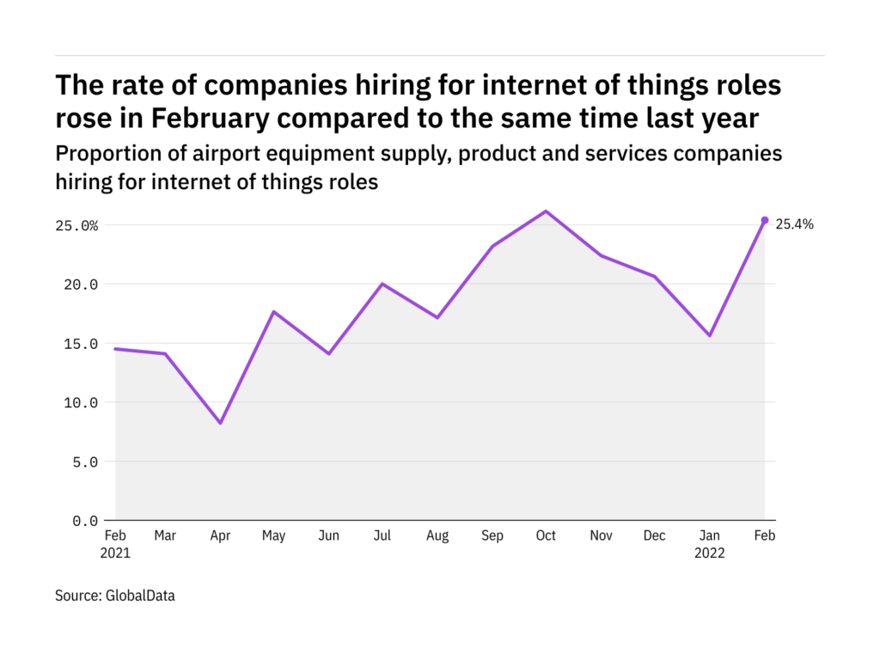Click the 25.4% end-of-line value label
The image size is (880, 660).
click(795, 224)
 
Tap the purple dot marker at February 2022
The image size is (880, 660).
click(765, 220)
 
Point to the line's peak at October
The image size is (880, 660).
click(547, 211)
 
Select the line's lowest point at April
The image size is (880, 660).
click(220, 423)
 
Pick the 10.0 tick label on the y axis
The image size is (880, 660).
click(80, 403)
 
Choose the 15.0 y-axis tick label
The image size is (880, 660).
click(80, 344)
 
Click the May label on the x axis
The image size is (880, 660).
click(274, 536)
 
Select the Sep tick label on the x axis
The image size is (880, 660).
click(492, 536)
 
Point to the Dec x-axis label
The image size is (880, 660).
click(655, 536)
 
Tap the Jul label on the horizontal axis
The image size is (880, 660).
click(382, 536)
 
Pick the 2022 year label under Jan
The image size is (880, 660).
click(710, 553)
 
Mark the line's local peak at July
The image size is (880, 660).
click(382, 284)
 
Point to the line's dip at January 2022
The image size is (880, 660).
click(710, 335)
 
